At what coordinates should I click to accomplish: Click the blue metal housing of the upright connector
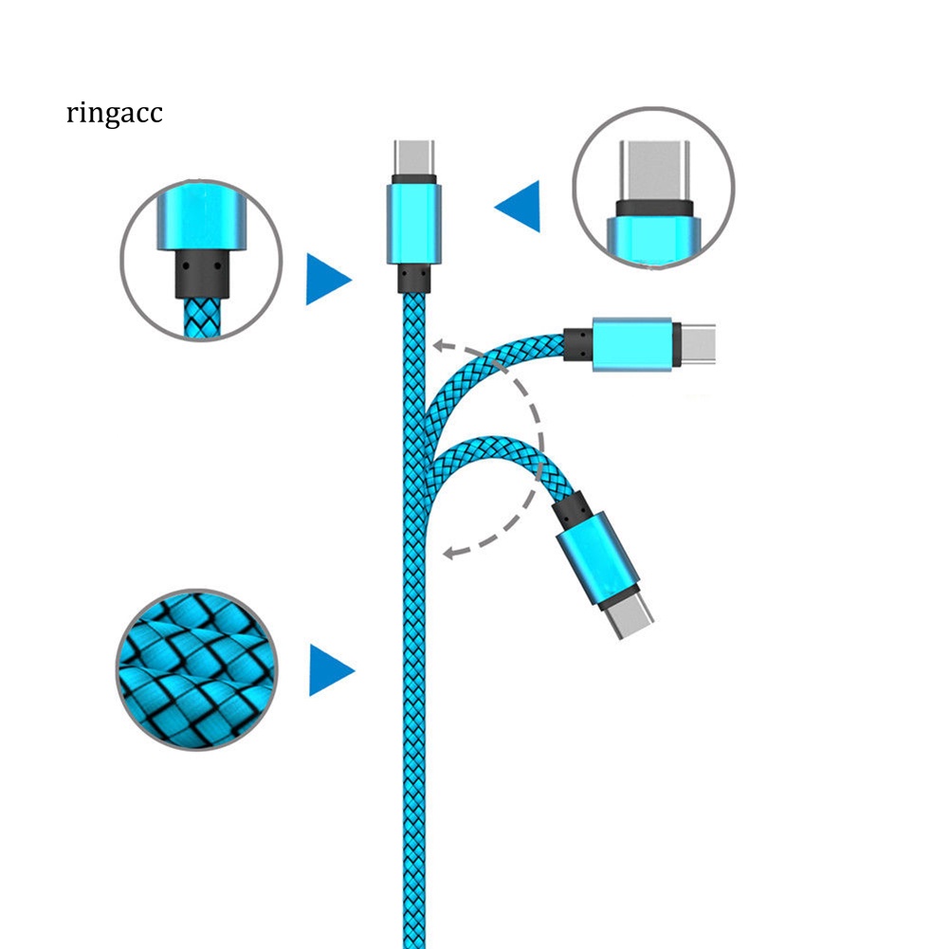coord(413,223)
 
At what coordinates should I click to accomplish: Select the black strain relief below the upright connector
coord(413,277)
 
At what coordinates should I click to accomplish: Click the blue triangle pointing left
coord(520,206)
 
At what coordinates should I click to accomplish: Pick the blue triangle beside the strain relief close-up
coord(327,279)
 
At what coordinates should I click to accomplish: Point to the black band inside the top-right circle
coord(653,208)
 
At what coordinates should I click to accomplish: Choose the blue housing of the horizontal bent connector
coord(632,343)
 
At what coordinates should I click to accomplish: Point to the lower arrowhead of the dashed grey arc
coord(452,550)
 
